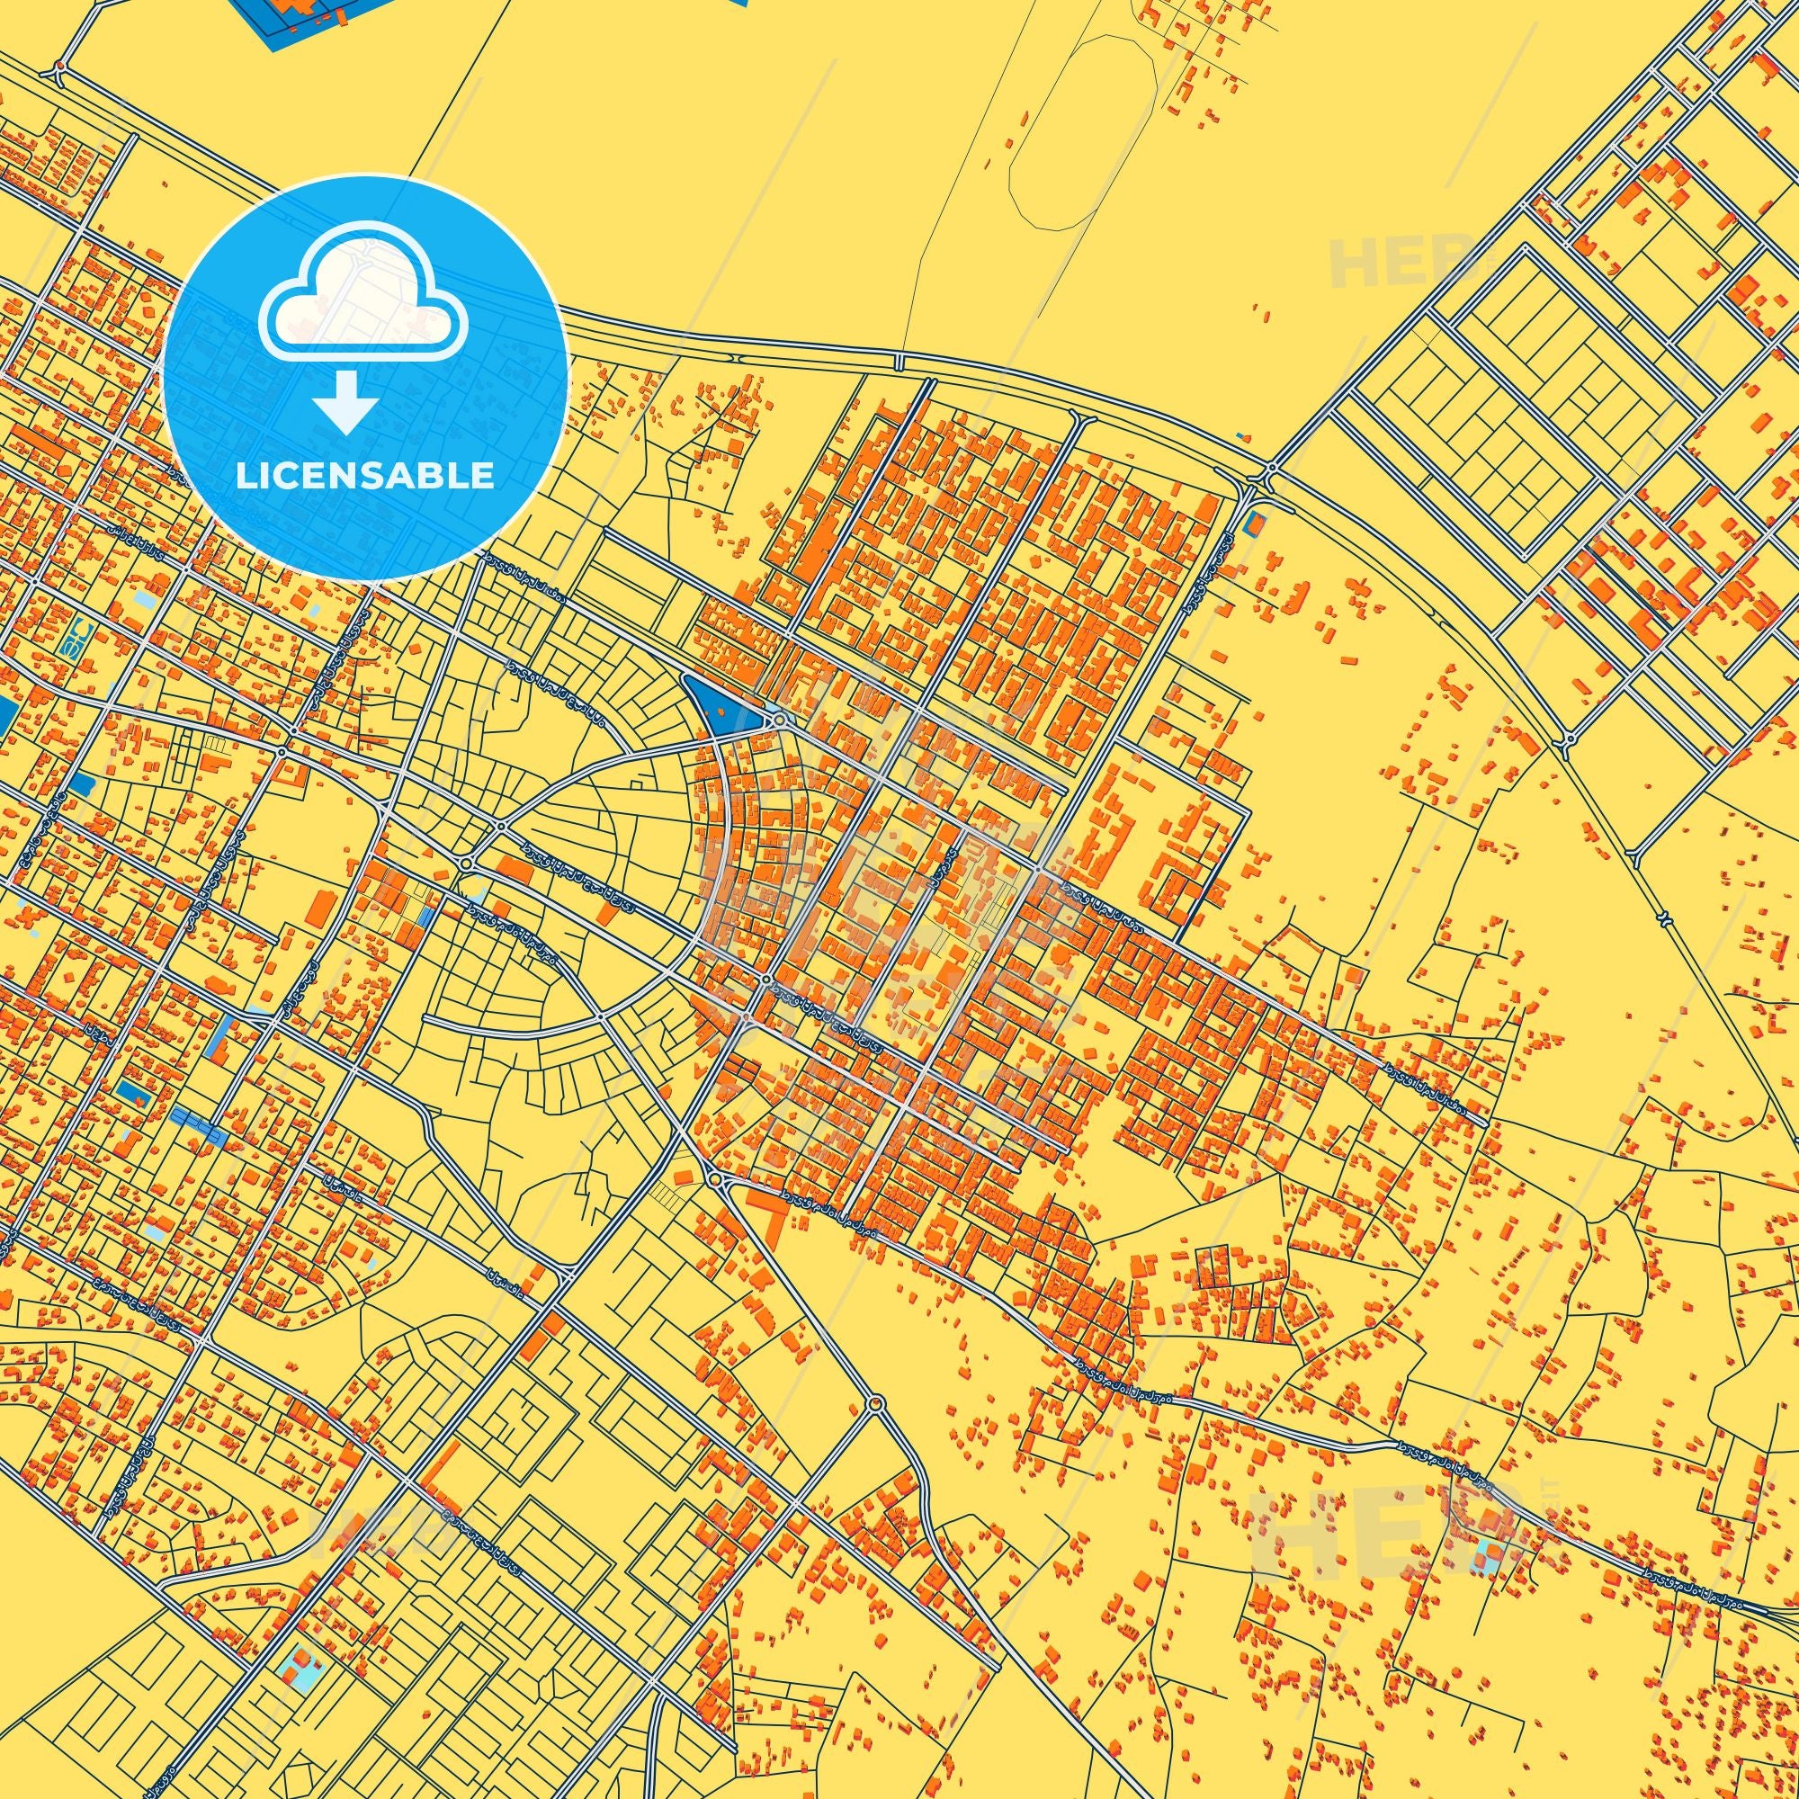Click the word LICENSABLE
pos(365,475)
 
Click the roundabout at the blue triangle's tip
pos(777,720)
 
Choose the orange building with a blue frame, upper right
pos(1254,524)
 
